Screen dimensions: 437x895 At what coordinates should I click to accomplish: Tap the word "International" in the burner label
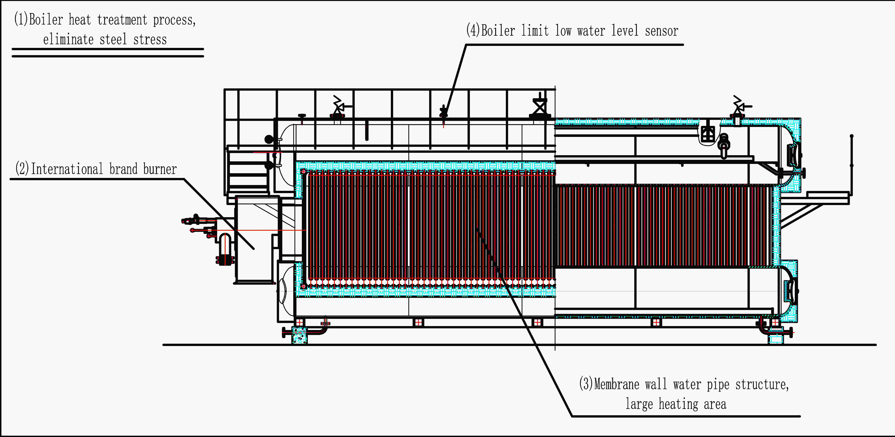click(67, 169)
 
